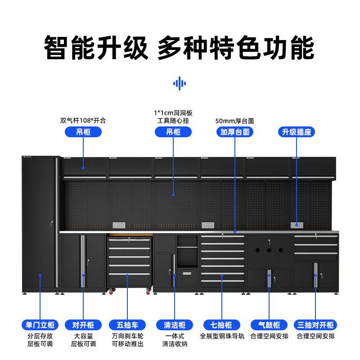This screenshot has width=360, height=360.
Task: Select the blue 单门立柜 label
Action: tap(40, 325)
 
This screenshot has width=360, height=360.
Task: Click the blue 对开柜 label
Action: tap(83, 325)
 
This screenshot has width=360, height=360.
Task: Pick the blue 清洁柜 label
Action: tap(174, 325)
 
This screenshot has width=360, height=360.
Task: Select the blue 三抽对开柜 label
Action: tap(315, 325)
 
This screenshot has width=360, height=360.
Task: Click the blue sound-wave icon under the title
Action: tap(180, 83)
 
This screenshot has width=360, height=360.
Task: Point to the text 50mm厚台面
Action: tap(235, 121)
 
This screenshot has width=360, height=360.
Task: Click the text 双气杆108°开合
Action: tap(83, 121)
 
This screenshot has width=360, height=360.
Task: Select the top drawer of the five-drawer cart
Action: tap(130, 242)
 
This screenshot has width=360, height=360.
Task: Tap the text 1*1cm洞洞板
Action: tap(174, 113)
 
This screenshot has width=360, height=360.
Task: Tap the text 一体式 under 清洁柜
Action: tap(174, 336)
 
